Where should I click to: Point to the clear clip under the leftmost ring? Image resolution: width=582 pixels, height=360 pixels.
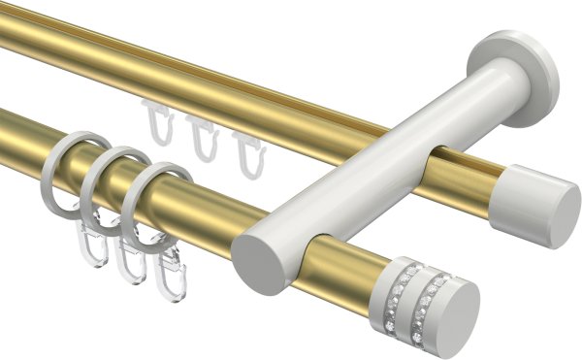(x=89, y=245)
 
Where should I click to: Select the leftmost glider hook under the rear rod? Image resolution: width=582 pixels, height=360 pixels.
(x=158, y=120)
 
